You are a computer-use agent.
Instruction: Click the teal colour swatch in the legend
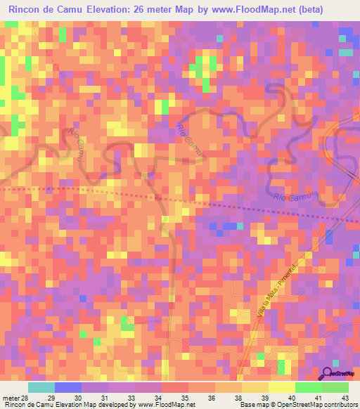pos(41,388)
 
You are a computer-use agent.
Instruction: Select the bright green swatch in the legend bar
pos(309,388)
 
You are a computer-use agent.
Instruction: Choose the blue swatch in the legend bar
pos(68,388)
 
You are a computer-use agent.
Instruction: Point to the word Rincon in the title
pos(26,8)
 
